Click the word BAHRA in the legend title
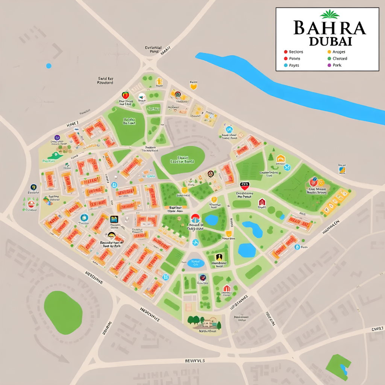(329, 28)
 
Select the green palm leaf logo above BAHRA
(329, 14)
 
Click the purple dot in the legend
(329, 65)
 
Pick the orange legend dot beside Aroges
(329, 52)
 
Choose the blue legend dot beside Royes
(286, 65)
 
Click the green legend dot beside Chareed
(329, 59)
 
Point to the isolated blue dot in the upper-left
(49, 66)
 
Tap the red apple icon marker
(125, 95)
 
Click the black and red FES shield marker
(245, 185)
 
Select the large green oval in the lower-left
(63, 312)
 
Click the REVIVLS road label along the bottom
(195, 361)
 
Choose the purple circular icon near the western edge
(57, 138)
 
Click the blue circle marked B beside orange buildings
(297, 247)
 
